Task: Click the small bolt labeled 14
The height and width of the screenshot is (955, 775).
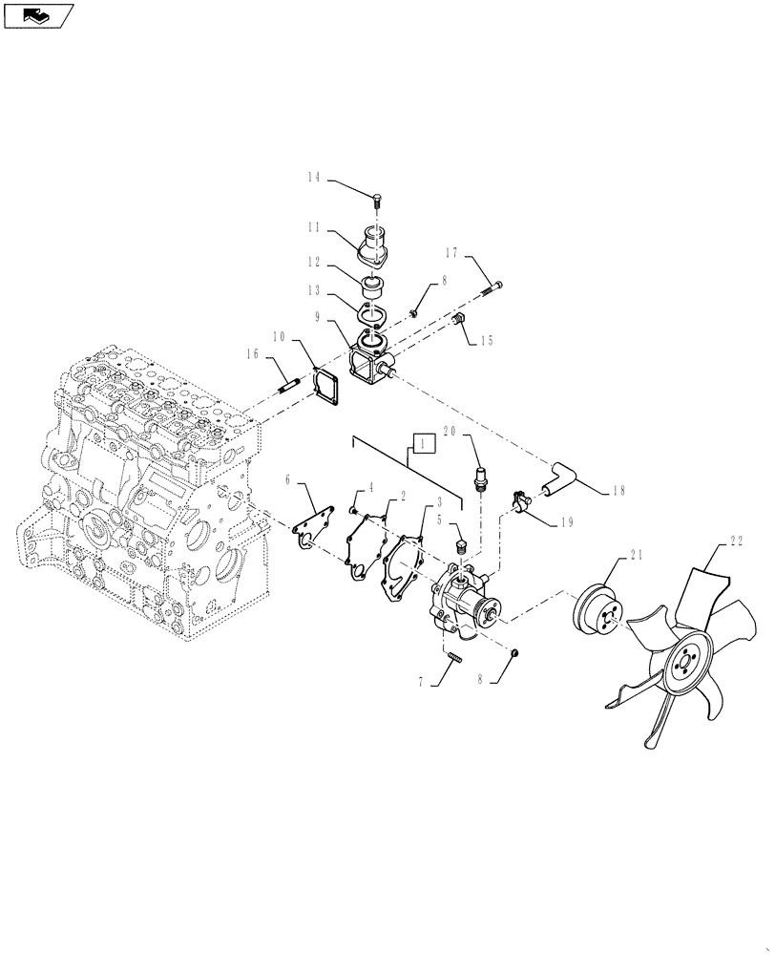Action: pyautogui.click(x=377, y=200)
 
